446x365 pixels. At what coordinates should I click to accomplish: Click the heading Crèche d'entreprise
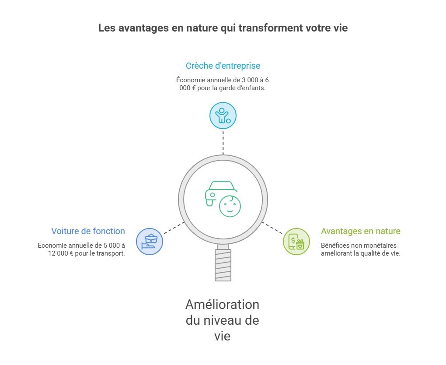click(x=223, y=66)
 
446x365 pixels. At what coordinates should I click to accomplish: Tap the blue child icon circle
click(x=223, y=116)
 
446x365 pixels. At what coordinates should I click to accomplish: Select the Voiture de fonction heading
click(x=88, y=231)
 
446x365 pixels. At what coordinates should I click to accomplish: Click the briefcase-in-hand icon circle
click(x=150, y=242)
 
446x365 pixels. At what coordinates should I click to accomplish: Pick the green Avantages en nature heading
click(x=361, y=231)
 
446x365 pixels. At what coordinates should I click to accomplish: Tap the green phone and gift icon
click(x=296, y=242)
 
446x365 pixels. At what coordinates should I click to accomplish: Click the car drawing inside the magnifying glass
click(x=220, y=193)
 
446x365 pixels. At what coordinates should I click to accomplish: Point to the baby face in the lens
click(x=230, y=206)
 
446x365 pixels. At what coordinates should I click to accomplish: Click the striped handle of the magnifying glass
click(x=223, y=265)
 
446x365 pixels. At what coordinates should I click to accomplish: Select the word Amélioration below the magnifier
click(x=223, y=305)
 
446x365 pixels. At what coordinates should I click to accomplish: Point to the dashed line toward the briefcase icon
click(x=174, y=228)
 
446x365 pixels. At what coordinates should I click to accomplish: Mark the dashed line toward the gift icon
click(x=272, y=228)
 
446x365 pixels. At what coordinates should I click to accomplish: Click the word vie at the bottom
click(x=223, y=336)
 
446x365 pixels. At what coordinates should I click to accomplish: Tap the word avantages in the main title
click(x=143, y=28)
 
